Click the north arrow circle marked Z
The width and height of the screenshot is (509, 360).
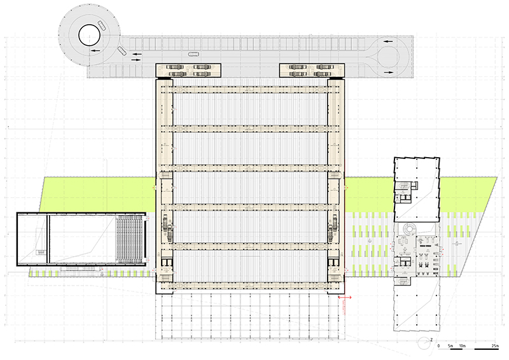tap(424, 343)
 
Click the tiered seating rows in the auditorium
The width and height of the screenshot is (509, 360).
tap(130, 239)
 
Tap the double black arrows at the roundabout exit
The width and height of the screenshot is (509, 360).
tap(137, 57)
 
